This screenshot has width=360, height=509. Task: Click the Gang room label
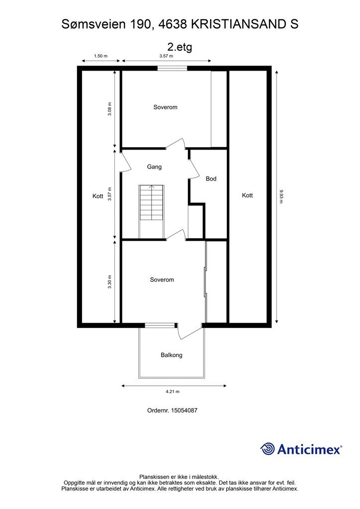click(154, 167)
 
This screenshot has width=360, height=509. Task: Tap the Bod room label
click(211, 178)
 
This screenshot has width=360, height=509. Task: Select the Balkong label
click(172, 355)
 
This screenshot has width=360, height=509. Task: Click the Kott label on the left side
click(98, 196)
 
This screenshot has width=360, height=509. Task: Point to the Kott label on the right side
click(247, 195)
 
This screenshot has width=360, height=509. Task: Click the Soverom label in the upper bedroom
click(165, 107)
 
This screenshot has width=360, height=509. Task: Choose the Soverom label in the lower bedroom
click(162, 279)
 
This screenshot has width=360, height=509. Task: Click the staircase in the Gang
click(152, 203)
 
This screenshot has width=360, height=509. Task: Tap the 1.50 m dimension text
click(100, 56)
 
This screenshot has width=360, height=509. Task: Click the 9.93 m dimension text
click(281, 196)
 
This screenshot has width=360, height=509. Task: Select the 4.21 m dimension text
click(173, 392)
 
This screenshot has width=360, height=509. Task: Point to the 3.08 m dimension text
click(110, 109)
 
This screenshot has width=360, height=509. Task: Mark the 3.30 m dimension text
click(110, 282)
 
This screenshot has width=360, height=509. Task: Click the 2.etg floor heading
click(180, 47)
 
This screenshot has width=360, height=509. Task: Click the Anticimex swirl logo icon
click(268, 449)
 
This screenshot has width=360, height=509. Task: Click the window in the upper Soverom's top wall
click(173, 68)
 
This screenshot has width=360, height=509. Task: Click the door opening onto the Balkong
click(189, 331)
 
